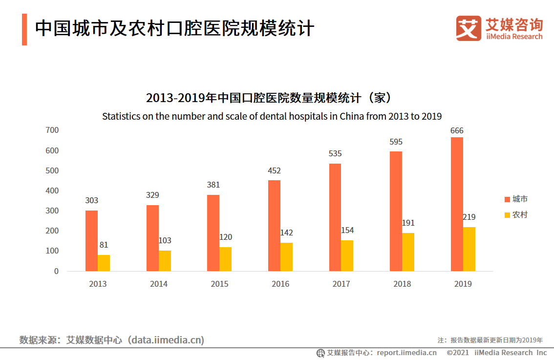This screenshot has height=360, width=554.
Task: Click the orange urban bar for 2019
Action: tap(457, 204)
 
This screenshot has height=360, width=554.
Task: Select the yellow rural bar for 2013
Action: tap(104, 263)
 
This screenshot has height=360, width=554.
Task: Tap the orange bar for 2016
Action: tap(274, 226)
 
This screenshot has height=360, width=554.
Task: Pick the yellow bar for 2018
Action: tap(408, 252)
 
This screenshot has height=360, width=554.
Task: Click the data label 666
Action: tap(457, 130)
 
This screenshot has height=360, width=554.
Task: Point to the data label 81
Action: tap(104, 245)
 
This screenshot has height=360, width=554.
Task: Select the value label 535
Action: tap(335, 153)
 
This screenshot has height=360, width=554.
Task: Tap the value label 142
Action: tap(286, 233)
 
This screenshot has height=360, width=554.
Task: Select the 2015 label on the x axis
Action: tap(219, 284)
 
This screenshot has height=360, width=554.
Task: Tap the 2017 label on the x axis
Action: tap(341, 284)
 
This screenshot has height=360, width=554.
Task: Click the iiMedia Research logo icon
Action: tap(468, 29)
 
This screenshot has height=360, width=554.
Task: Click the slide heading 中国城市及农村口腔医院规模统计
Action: tap(174, 29)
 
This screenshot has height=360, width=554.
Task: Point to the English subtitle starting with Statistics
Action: tap(272, 117)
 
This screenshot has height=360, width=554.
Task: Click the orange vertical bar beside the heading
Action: tap(24, 30)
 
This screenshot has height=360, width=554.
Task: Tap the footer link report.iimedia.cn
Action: tap(406, 353)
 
